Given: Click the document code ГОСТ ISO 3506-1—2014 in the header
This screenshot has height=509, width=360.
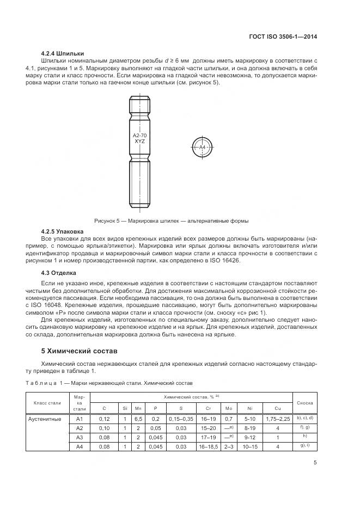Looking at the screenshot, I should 283,37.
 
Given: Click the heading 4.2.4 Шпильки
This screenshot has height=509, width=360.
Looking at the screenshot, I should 62,53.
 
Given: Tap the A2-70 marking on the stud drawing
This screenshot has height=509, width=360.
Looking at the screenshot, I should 139,135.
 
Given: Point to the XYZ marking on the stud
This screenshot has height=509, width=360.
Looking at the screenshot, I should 139,141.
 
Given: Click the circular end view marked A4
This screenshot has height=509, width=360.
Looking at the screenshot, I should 202,147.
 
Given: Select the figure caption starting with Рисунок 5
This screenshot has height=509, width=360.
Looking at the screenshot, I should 171,221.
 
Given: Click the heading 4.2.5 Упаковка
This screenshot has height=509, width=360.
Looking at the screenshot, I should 63,231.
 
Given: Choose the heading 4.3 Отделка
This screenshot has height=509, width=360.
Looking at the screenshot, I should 59,272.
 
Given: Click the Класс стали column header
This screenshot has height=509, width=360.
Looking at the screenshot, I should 48,403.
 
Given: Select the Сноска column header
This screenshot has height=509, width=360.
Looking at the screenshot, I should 305,403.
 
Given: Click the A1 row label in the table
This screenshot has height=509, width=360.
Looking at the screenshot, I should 80,419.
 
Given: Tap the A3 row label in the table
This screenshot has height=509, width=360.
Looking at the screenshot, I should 80,437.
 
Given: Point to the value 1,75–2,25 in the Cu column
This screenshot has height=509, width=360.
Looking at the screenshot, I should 278,419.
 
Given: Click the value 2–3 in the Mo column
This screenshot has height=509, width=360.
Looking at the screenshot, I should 228,446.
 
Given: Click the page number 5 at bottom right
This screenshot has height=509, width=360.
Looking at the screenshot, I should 315,463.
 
